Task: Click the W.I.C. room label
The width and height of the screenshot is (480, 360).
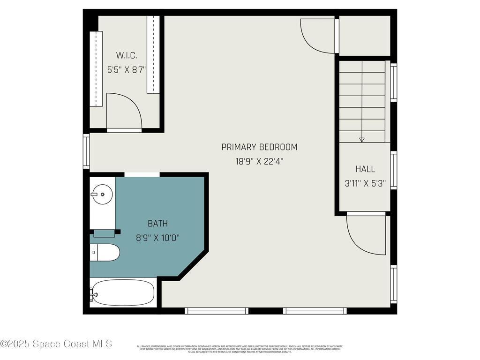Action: [126, 55]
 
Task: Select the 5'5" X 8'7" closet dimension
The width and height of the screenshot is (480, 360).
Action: [126, 69]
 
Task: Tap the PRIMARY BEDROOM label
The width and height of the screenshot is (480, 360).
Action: [259, 147]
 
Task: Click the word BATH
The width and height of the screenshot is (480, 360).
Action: [157, 224]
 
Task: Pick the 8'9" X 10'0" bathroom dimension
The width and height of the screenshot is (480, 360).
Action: [157, 238]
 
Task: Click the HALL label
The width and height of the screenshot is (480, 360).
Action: [365, 169]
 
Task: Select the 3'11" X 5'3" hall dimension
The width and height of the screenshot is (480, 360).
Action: [365, 184]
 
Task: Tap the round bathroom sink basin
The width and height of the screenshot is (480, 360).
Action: [102, 194]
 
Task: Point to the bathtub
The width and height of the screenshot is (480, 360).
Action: [123, 292]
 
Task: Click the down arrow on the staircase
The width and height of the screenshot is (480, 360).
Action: [361, 139]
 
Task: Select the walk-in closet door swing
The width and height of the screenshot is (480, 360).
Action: [123, 112]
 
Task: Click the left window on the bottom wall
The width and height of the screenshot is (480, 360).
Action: [217, 310]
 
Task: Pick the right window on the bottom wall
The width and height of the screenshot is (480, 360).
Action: [315, 310]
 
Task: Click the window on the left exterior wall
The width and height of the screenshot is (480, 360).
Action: [86, 151]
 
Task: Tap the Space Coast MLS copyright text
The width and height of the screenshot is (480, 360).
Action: [56, 344]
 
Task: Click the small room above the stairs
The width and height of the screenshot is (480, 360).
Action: [364, 36]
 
